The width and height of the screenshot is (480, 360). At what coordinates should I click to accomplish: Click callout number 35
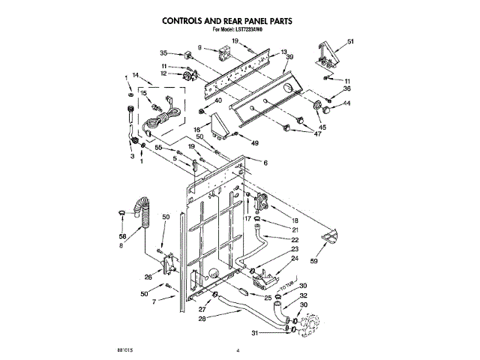click(x=163, y=52)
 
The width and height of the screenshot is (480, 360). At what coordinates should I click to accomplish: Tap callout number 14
click(x=136, y=75)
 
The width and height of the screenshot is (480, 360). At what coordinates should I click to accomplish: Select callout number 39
click(x=289, y=58)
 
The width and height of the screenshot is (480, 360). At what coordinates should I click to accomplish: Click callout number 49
click(x=255, y=142)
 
